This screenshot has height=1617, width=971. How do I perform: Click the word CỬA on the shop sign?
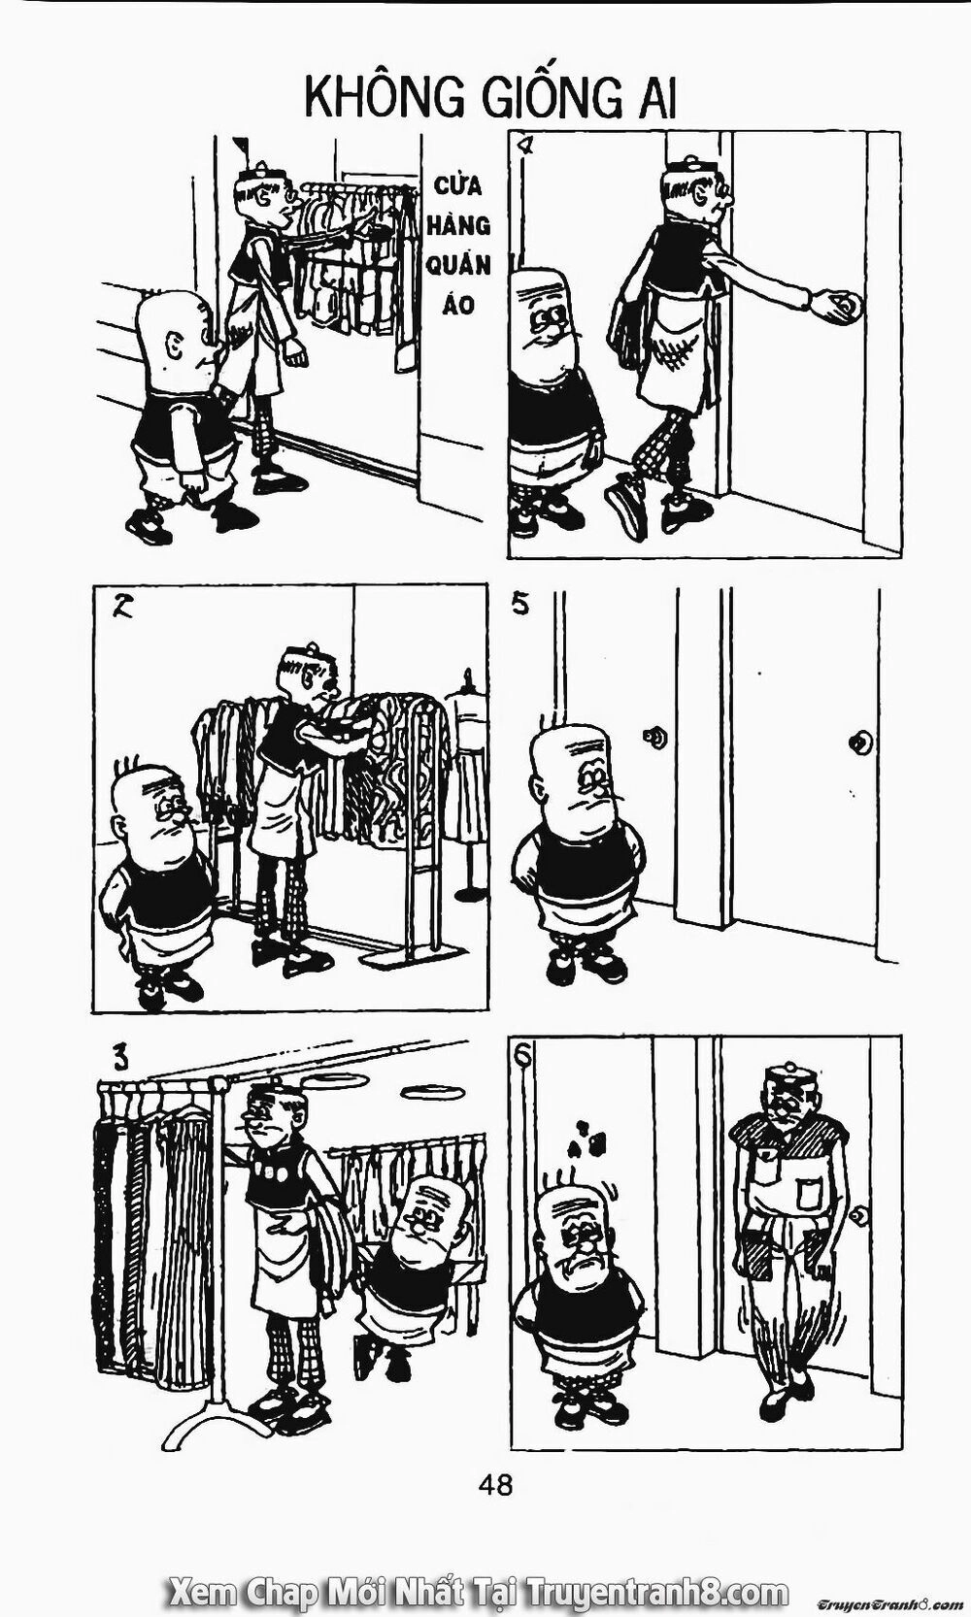pyautogui.click(x=456, y=184)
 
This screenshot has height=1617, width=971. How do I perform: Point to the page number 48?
pyautogui.click(x=494, y=1483)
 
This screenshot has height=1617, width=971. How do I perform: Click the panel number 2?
pyautogui.click(x=124, y=610)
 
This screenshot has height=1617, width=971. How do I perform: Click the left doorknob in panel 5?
pyautogui.click(x=657, y=738)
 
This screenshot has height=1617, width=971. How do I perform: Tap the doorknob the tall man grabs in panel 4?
pyautogui.click(x=847, y=307)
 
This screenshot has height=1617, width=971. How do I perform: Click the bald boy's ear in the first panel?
pyautogui.click(x=176, y=344)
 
